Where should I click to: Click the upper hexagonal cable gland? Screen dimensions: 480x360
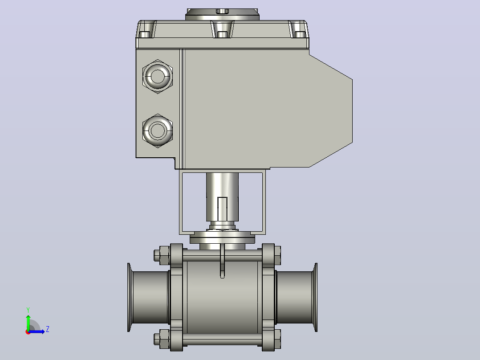158,76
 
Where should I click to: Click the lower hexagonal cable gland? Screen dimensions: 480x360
158,131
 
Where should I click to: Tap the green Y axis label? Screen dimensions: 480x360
28,310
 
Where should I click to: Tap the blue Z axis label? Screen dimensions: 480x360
48,329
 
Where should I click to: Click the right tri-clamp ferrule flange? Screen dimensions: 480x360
315,297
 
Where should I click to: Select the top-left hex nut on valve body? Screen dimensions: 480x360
162,255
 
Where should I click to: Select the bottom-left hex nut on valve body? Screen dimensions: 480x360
162,339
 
